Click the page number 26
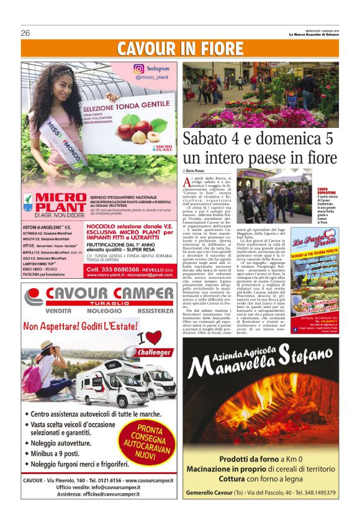coord(25,33)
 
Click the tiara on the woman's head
coord(55,72)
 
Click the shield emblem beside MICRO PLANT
coord(28,202)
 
